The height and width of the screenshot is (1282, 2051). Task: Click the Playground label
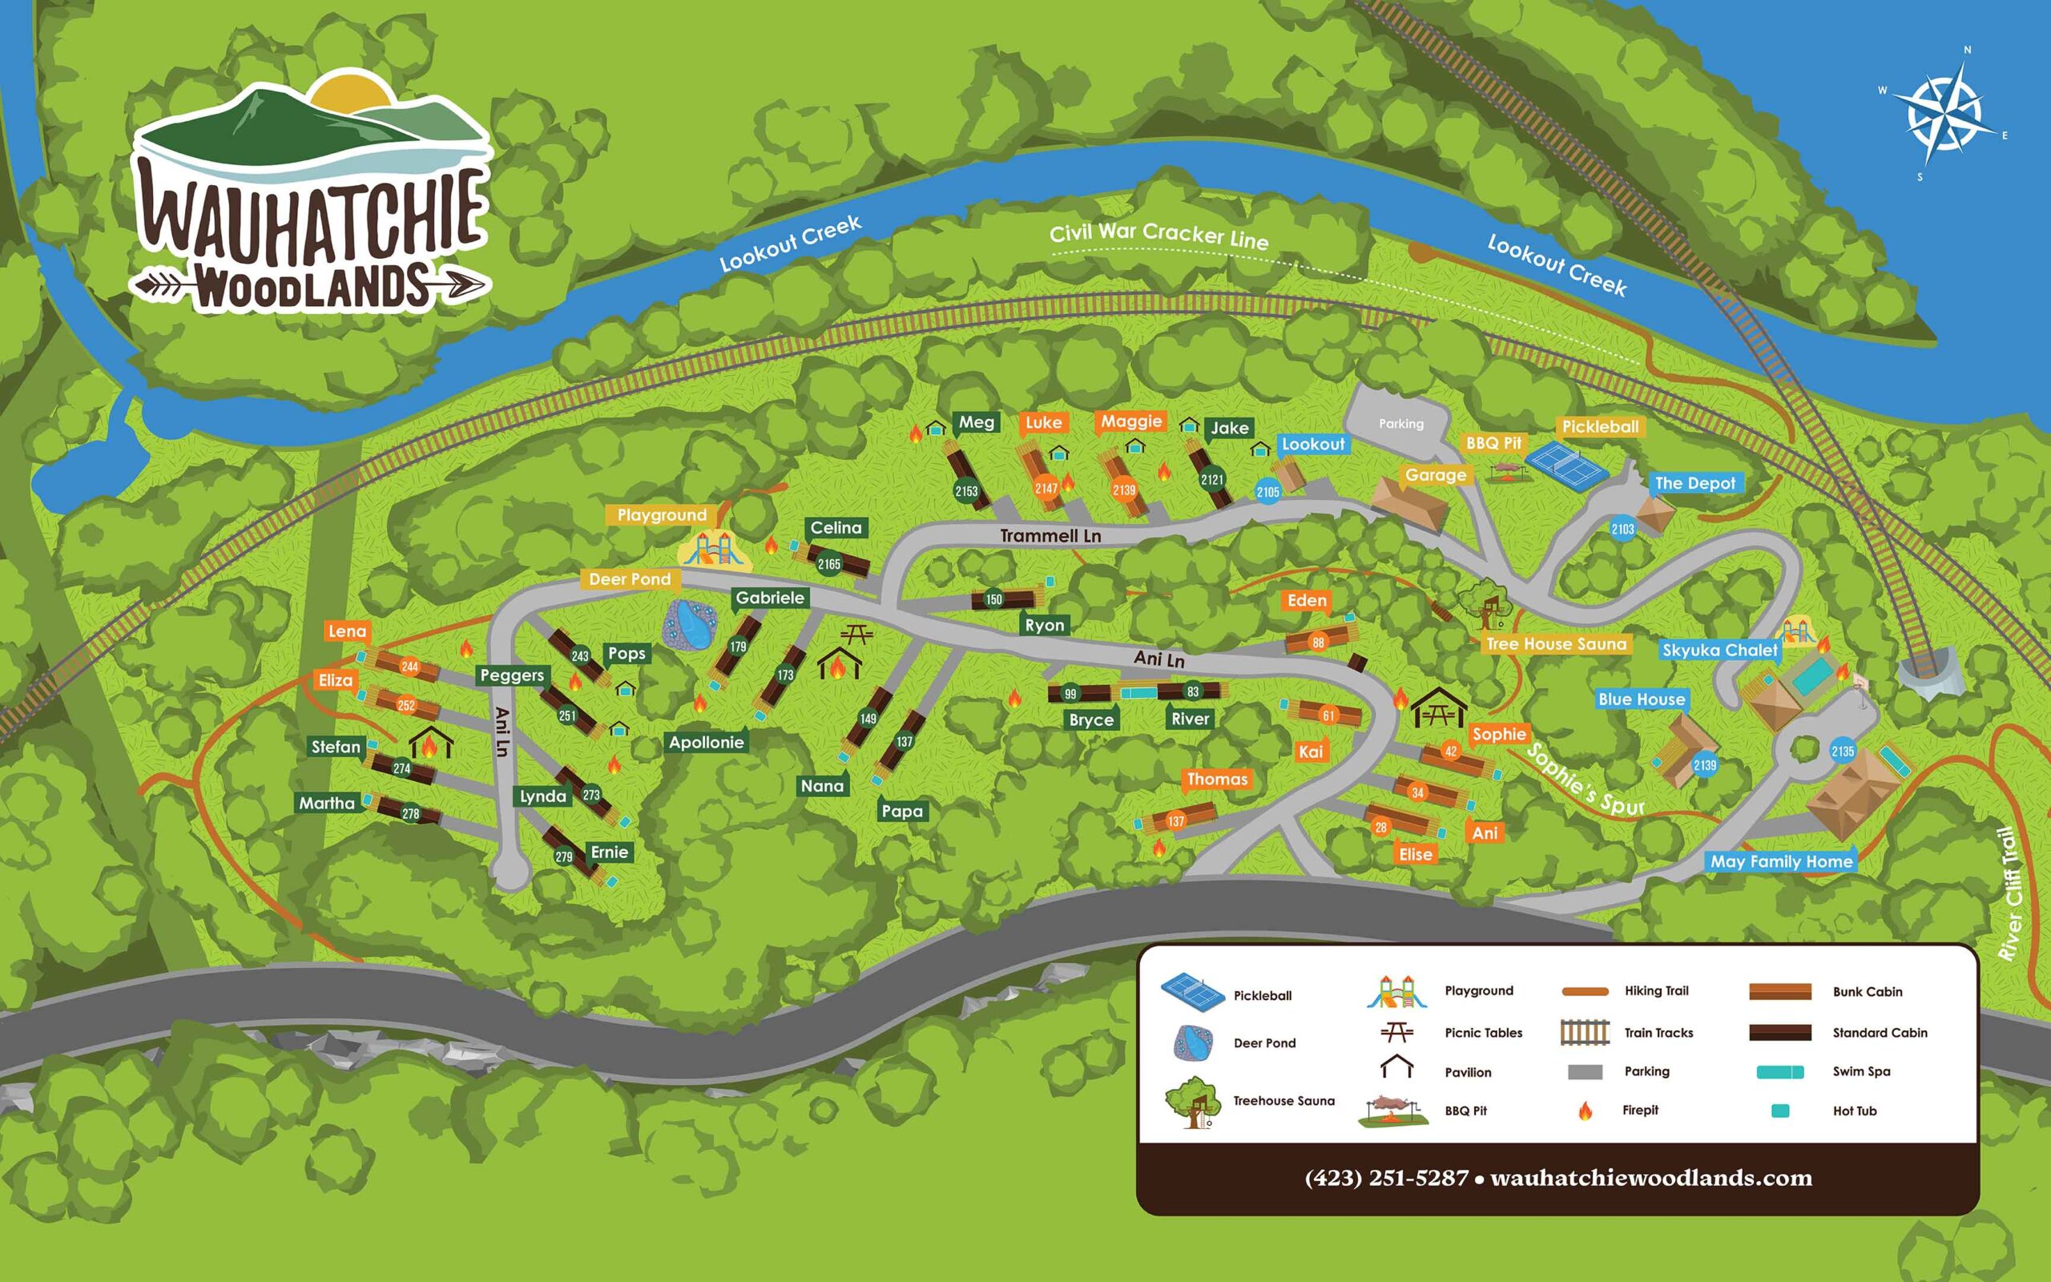click(x=661, y=514)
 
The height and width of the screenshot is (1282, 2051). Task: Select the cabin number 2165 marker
click(x=829, y=564)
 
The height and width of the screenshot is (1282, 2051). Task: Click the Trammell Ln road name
click(x=1050, y=536)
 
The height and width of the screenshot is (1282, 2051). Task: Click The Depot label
click(x=1695, y=483)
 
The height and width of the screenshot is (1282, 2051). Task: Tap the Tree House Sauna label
click(x=1556, y=644)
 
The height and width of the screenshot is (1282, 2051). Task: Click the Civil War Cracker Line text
click(x=1158, y=234)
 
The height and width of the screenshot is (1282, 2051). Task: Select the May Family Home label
click(x=1781, y=861)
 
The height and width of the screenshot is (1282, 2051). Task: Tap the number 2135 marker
click(x=1843, y=752)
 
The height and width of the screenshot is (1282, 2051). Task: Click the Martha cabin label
click(x=327, y=803)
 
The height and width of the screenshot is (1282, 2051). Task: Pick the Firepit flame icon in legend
click(x=1585, y=1111)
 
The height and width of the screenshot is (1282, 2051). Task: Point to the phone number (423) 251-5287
click(x=1386, y=1178)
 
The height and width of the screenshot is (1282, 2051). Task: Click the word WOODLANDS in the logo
click(x=312, y=286)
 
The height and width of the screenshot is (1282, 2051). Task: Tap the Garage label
click(x=1435, y=475)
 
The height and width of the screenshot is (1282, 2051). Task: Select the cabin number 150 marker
click(x=994, y=599)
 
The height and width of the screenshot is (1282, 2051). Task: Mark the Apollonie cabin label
click(x=706, y=743)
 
